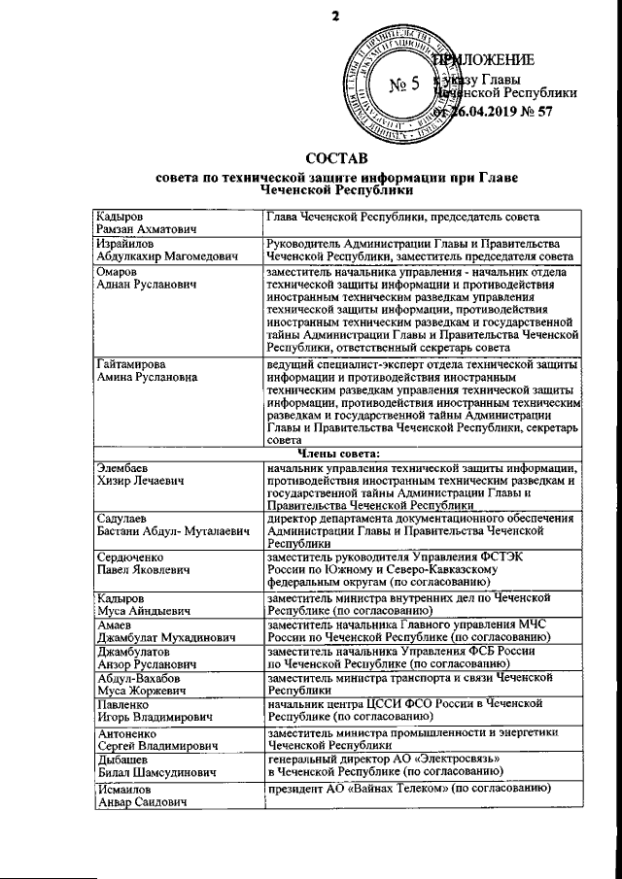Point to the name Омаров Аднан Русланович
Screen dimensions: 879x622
144,280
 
